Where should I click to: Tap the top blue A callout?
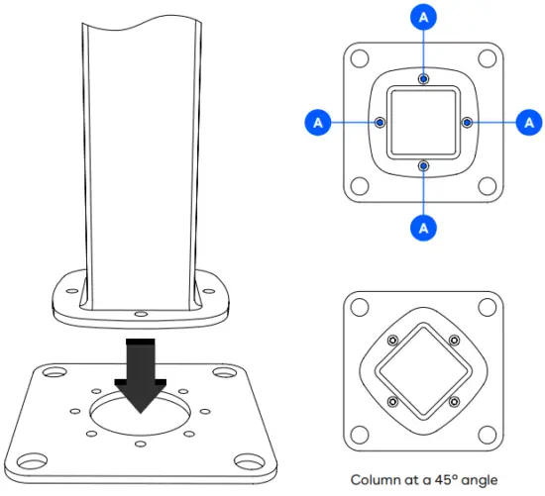coord(423,17)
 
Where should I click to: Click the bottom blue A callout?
coord(423,226)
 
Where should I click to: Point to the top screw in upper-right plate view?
coord(423,78)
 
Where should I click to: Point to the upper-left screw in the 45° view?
coord(393,341)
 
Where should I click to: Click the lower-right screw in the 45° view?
coord(454,402)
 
